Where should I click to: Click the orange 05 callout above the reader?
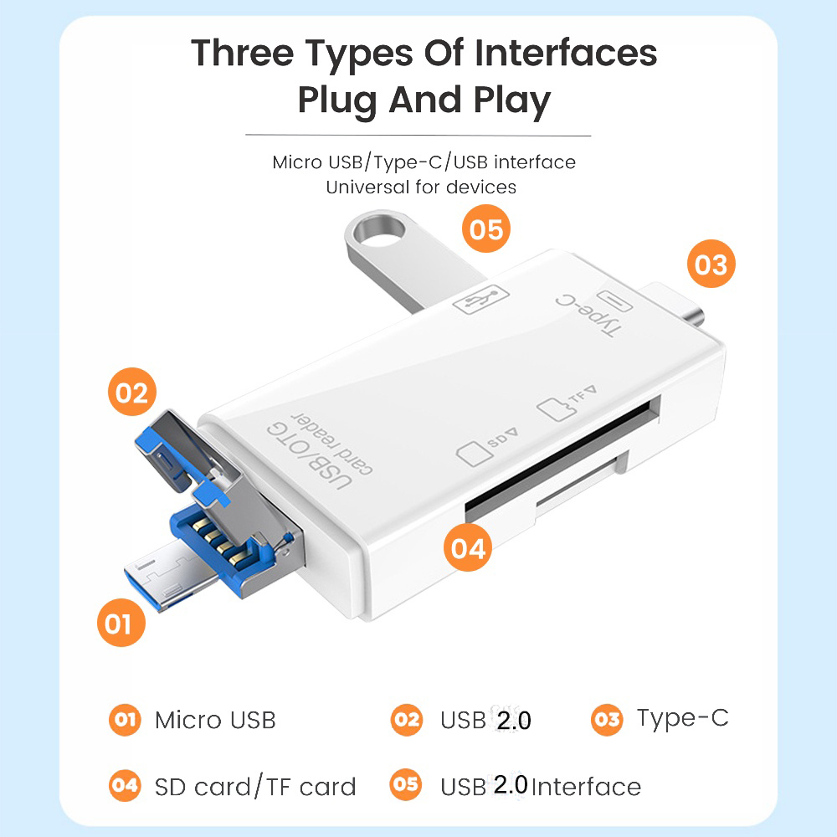(x=485, y=229)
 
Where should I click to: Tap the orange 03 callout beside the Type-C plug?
(x=711, y=264)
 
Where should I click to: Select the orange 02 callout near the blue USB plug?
(x=132, y=392)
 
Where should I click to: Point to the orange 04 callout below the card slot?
(x=468, y=547)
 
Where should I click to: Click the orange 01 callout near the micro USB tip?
(x=121, y=623)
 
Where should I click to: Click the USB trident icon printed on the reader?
(x=480, y=300)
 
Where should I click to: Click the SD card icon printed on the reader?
(x=474, y=454)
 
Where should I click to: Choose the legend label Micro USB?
(x=215, y=720)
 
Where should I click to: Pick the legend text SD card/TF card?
(x=255, y=787)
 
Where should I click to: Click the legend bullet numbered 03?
(x=607, y=720)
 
